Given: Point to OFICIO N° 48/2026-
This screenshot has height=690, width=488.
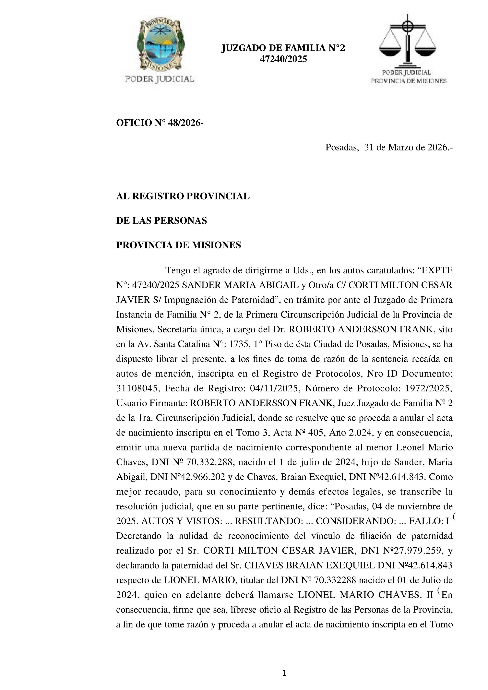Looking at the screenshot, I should click(x=160, y=123).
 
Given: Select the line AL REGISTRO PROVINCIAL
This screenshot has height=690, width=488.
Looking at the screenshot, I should click(x=183, y=196).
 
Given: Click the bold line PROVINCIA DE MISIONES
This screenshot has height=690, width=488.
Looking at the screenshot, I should click(x=178, y=245).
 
